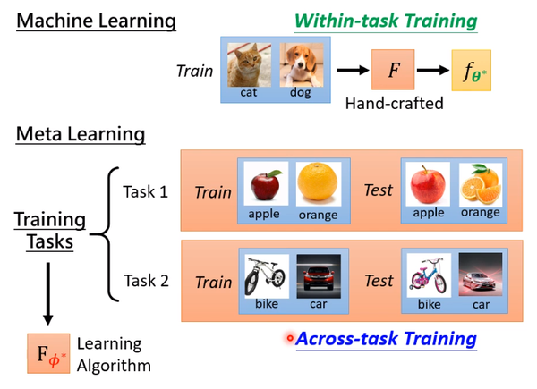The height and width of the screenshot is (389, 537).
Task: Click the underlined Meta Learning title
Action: click(80, 135)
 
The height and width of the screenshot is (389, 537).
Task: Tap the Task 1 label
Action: click(145, 191)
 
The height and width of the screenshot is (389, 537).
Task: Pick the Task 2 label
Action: click(145, 280)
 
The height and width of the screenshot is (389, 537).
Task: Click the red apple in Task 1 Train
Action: click(265, 185)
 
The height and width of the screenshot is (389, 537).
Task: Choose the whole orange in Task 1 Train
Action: click(318, 183)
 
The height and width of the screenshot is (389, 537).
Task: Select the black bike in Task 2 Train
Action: click(265, 273)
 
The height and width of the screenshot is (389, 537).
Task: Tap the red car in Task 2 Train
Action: click(317, 273)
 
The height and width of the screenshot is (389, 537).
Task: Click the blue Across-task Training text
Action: click(386, 339)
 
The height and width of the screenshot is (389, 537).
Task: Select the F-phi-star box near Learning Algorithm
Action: click(47, 351)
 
